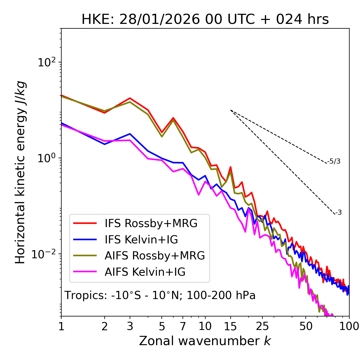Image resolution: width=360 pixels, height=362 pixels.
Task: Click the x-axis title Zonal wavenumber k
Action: click(205, 341)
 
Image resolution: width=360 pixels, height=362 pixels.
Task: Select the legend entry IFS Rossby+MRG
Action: click(151, 223)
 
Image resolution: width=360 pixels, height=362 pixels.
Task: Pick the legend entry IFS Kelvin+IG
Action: click(141, 240)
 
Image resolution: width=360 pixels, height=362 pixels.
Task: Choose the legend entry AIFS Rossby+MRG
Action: click(154, 256)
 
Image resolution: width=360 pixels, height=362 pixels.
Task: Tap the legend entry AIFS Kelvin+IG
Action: click(145, 272)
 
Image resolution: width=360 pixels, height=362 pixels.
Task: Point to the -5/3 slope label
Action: click(334, 162)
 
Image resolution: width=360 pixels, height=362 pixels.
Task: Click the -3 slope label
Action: click(338, 213)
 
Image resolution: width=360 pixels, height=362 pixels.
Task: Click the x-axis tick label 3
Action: click(130, 326)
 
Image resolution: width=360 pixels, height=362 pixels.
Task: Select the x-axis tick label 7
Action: click(183, 326)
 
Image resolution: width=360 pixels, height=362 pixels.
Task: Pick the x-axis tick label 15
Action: click(230, 326)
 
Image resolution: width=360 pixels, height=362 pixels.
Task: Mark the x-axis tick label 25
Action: click(262, 326)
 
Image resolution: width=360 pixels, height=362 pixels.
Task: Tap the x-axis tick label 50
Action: click(306, 326)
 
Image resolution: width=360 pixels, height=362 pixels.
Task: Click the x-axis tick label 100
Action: click(349, 326)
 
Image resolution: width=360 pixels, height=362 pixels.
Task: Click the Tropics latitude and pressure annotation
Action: click(160, 296)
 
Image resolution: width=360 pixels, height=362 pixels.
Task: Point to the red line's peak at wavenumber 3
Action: click(130, 98)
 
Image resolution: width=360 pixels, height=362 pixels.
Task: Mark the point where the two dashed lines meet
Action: click(230, 110)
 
